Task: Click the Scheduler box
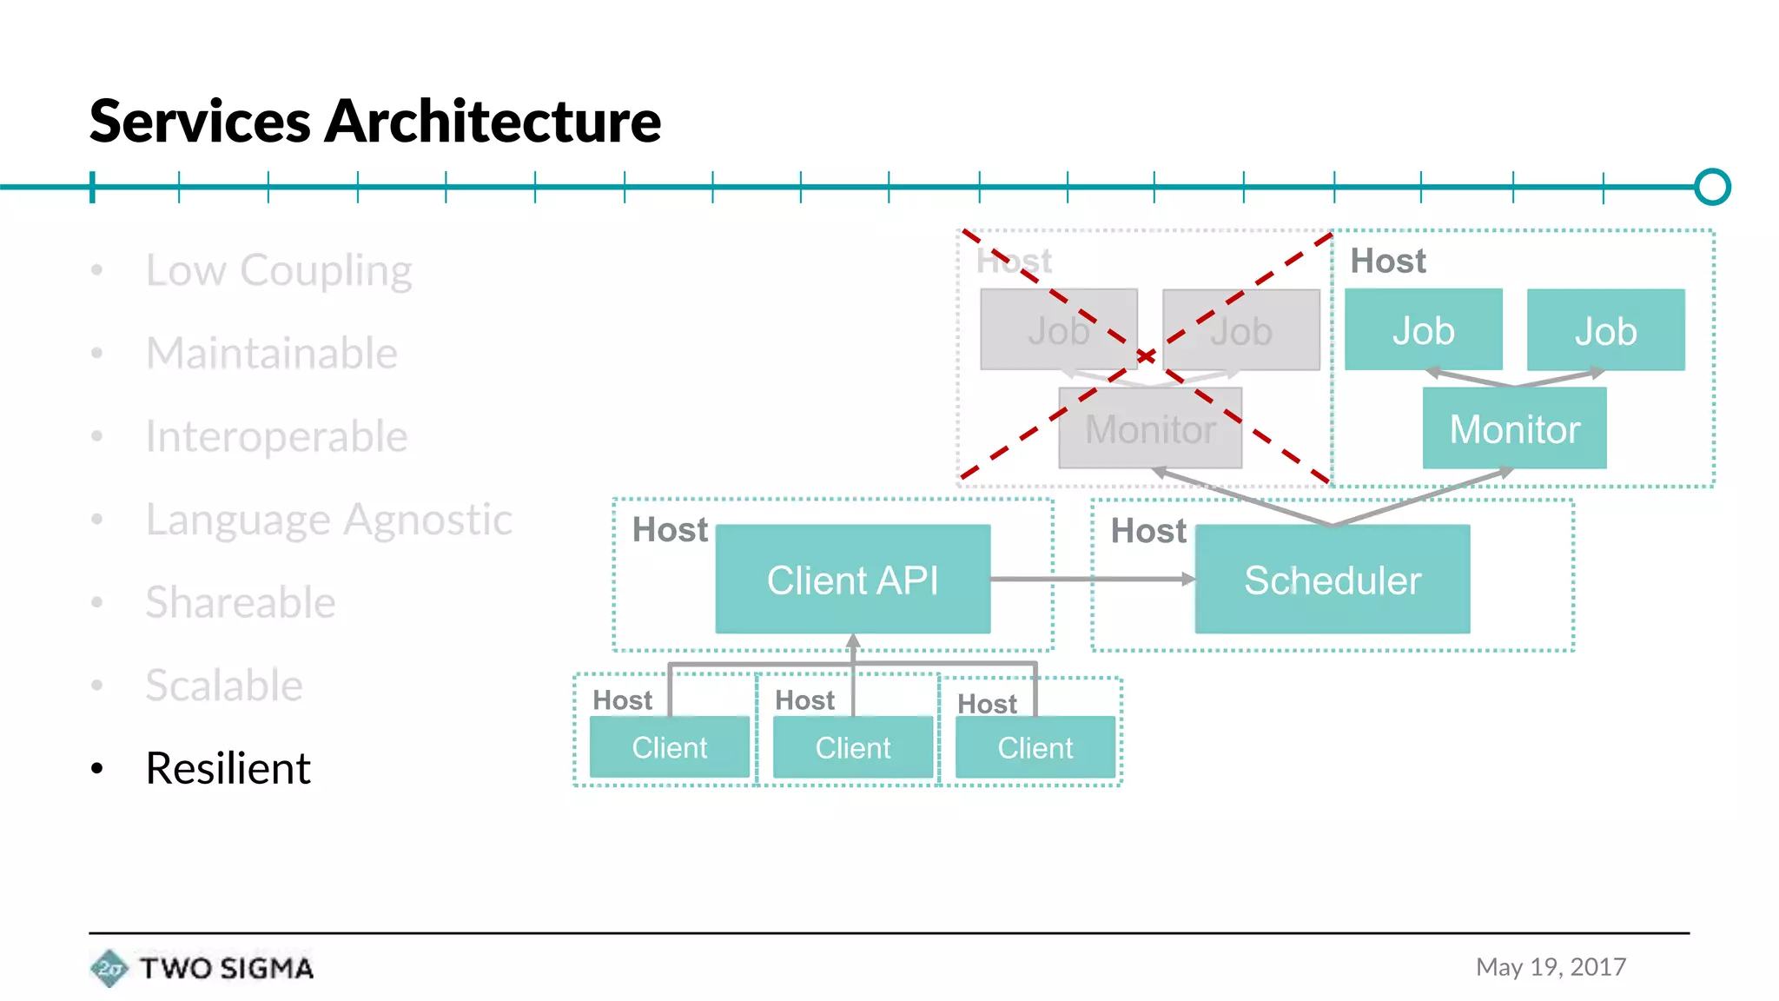[1332, 580]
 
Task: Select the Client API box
[852, 580]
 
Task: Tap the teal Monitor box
[1514, 429]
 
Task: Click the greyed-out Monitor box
[1149, 429]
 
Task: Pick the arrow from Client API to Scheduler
[1092, 579]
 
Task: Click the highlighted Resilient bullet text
[228, 768]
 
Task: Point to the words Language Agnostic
[328, 520]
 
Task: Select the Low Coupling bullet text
[278, 270]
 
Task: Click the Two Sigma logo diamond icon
[109, 968]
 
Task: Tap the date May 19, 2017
[1551, 967]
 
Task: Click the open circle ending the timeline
[1712, 187]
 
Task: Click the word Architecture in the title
[492, 122]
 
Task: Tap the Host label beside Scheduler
[1147, 531]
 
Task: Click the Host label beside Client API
[670, 530]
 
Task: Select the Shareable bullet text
[240, 602]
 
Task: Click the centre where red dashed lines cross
[1147, 356]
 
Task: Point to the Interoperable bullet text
[276, 436]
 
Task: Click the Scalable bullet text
[224, 686]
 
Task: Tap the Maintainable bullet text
[271, 354]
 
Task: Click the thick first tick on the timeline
[92, 187]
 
